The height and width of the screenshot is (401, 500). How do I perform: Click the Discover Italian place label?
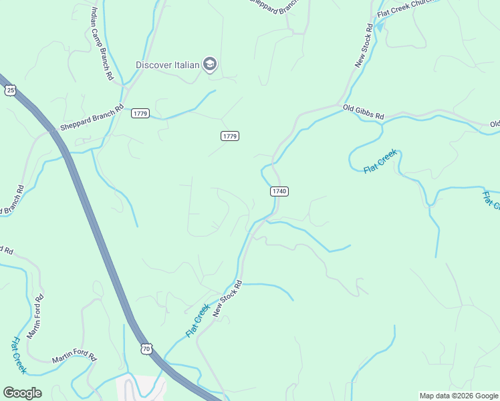point(168,65)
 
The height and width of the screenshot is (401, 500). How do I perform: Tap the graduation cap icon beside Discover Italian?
point(211,64)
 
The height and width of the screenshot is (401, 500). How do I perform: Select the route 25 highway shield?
point(10,90)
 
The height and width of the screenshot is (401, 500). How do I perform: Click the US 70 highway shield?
point(147,349)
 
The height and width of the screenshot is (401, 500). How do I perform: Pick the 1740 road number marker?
point(279,191)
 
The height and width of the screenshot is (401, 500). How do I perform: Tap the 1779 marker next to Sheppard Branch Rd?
point(140,113)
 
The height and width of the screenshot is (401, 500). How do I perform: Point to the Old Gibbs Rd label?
point(363,112)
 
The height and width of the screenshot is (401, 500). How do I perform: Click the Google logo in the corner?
point(22,393)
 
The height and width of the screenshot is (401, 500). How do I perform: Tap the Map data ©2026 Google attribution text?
point(459,396)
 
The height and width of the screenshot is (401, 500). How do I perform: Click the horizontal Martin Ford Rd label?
point(75,358)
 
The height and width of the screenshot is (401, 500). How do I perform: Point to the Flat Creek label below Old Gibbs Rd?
point(380,162)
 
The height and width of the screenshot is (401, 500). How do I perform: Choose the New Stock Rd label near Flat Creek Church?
point(364,45)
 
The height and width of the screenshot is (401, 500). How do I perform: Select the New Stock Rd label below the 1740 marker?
point(227,298)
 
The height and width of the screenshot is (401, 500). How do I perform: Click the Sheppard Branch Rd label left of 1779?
point(92,118)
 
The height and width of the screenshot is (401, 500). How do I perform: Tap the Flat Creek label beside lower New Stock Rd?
point(198,321)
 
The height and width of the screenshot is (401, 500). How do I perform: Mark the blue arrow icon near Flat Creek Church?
point(380,27)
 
